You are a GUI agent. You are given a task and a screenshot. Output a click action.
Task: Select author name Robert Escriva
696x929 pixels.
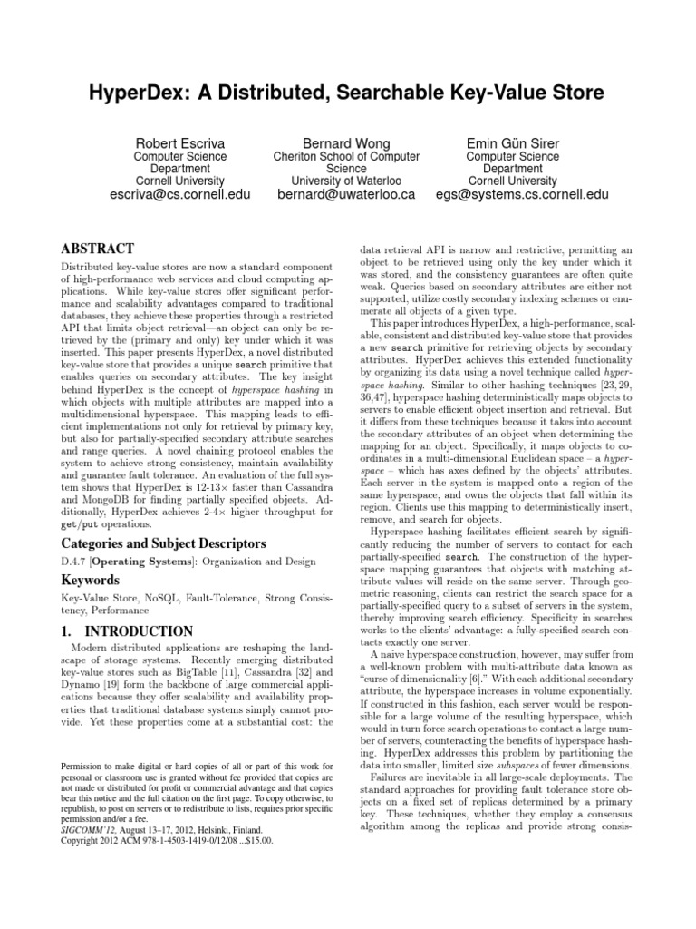click(179, 143)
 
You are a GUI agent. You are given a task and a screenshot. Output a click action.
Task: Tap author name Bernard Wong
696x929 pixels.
click(346, 143)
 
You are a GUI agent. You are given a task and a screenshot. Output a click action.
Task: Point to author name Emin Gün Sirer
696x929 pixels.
click(512, 143)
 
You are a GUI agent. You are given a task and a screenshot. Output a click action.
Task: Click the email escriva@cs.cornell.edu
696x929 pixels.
click(179, 195)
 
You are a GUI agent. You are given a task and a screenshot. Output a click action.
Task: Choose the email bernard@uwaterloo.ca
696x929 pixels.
click(346, 195)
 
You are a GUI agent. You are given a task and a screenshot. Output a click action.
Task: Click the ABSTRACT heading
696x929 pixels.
click(97, 249)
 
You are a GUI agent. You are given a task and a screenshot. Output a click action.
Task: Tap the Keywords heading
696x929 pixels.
click(91, 579)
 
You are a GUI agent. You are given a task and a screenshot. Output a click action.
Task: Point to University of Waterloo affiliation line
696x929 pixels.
click(346, 181)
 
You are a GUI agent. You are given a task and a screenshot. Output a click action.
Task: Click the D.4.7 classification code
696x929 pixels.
click(73, 562)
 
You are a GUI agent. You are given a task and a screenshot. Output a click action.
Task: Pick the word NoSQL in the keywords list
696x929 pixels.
click(152, 599)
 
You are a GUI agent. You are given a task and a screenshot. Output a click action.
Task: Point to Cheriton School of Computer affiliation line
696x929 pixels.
click(346, 156)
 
